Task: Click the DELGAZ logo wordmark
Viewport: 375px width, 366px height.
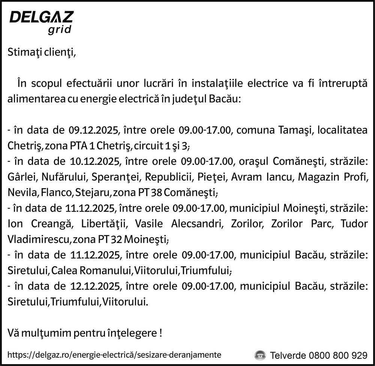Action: (41, 17)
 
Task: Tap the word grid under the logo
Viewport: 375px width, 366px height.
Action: (59, 30)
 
